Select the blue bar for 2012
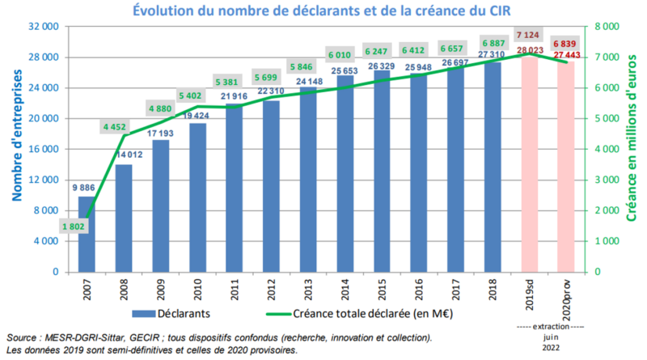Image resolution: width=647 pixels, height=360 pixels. pos(271,186)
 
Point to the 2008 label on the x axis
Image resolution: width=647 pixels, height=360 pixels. pos(123,288)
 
